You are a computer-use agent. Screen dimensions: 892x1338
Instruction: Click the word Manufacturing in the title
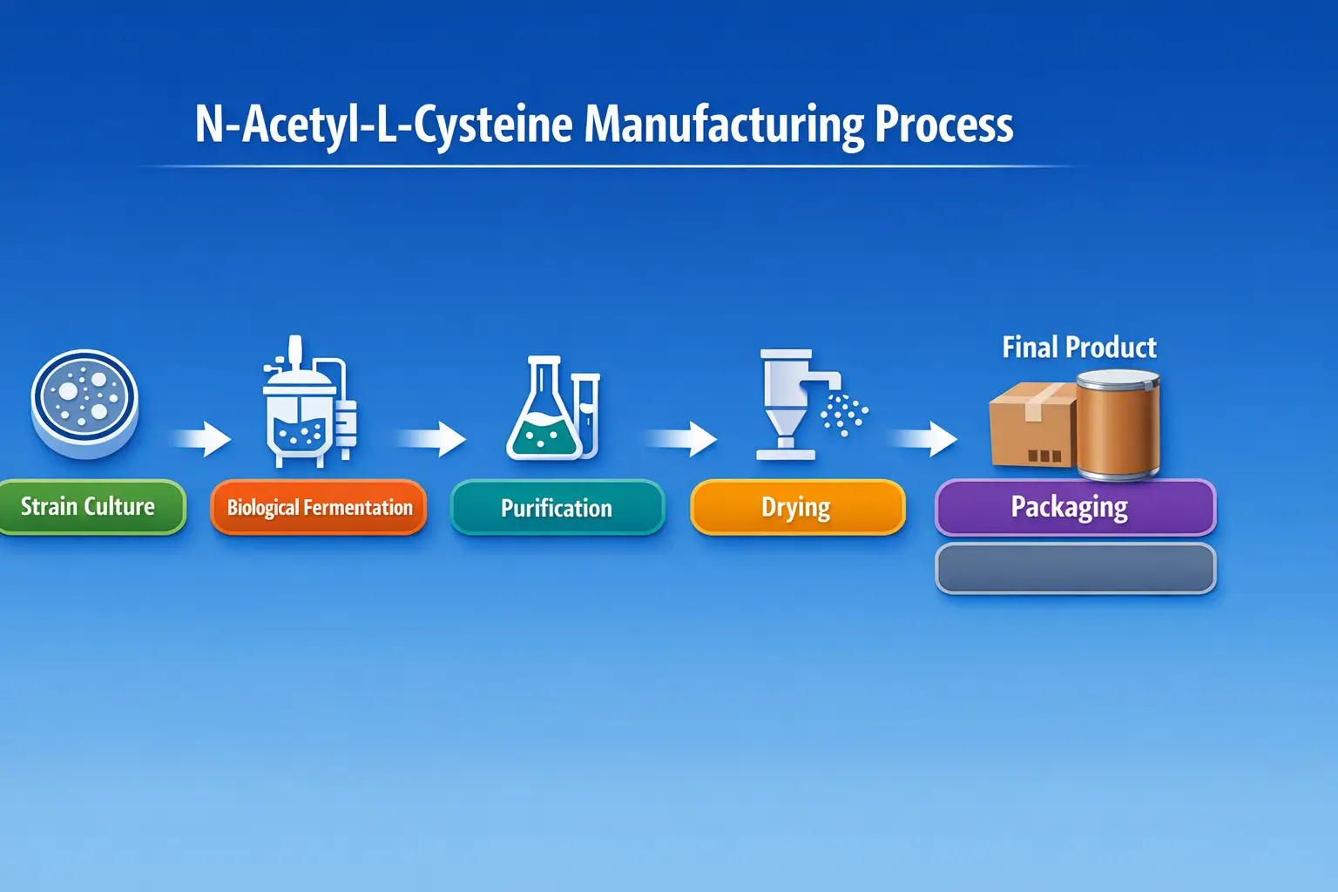click(723, 125)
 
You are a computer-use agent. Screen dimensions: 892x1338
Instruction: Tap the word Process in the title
click(943, 125)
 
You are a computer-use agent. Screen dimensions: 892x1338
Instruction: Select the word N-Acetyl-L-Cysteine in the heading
click(383, 125)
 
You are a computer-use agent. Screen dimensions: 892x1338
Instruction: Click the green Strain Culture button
click(89, 507)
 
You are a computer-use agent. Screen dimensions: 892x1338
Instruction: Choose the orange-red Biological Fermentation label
click(319, 507)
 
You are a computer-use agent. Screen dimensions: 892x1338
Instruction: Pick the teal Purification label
click(557, 508)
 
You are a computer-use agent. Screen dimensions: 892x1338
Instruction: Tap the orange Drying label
click(797, 507)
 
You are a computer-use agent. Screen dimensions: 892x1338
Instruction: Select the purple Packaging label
click(1074, 507)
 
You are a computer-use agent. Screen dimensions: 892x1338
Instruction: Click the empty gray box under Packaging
click(1075, 569)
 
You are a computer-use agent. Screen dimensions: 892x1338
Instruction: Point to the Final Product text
click(1078, 348)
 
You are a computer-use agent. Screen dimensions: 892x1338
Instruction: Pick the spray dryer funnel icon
click(788, 402)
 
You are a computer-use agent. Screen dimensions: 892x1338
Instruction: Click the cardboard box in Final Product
click(1031, 427)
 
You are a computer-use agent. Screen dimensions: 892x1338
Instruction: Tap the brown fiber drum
click(1118, 425)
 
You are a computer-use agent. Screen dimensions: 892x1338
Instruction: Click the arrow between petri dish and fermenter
click(204, 438)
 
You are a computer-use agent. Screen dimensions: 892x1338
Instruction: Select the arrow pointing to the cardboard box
click(929, 438)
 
